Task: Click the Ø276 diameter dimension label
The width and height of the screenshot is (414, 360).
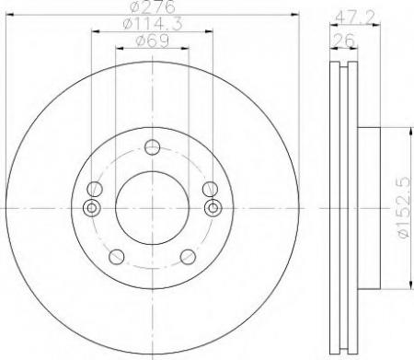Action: pos(153,6)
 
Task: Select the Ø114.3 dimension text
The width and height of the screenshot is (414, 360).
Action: pos(153,24)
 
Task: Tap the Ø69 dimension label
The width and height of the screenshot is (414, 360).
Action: pos(152,41)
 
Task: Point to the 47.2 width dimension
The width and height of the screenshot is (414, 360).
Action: pos(355,17)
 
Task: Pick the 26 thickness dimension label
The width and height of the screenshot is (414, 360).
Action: pos(343,41)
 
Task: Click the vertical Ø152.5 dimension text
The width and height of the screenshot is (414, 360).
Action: pos(404,207)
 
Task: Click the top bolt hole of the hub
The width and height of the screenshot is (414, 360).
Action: pos(152,147)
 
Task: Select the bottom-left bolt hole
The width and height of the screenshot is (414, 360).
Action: pos(117,257)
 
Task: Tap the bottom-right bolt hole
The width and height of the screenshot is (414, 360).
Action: pos(188,257)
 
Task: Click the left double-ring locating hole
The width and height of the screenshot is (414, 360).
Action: pos(91,208)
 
